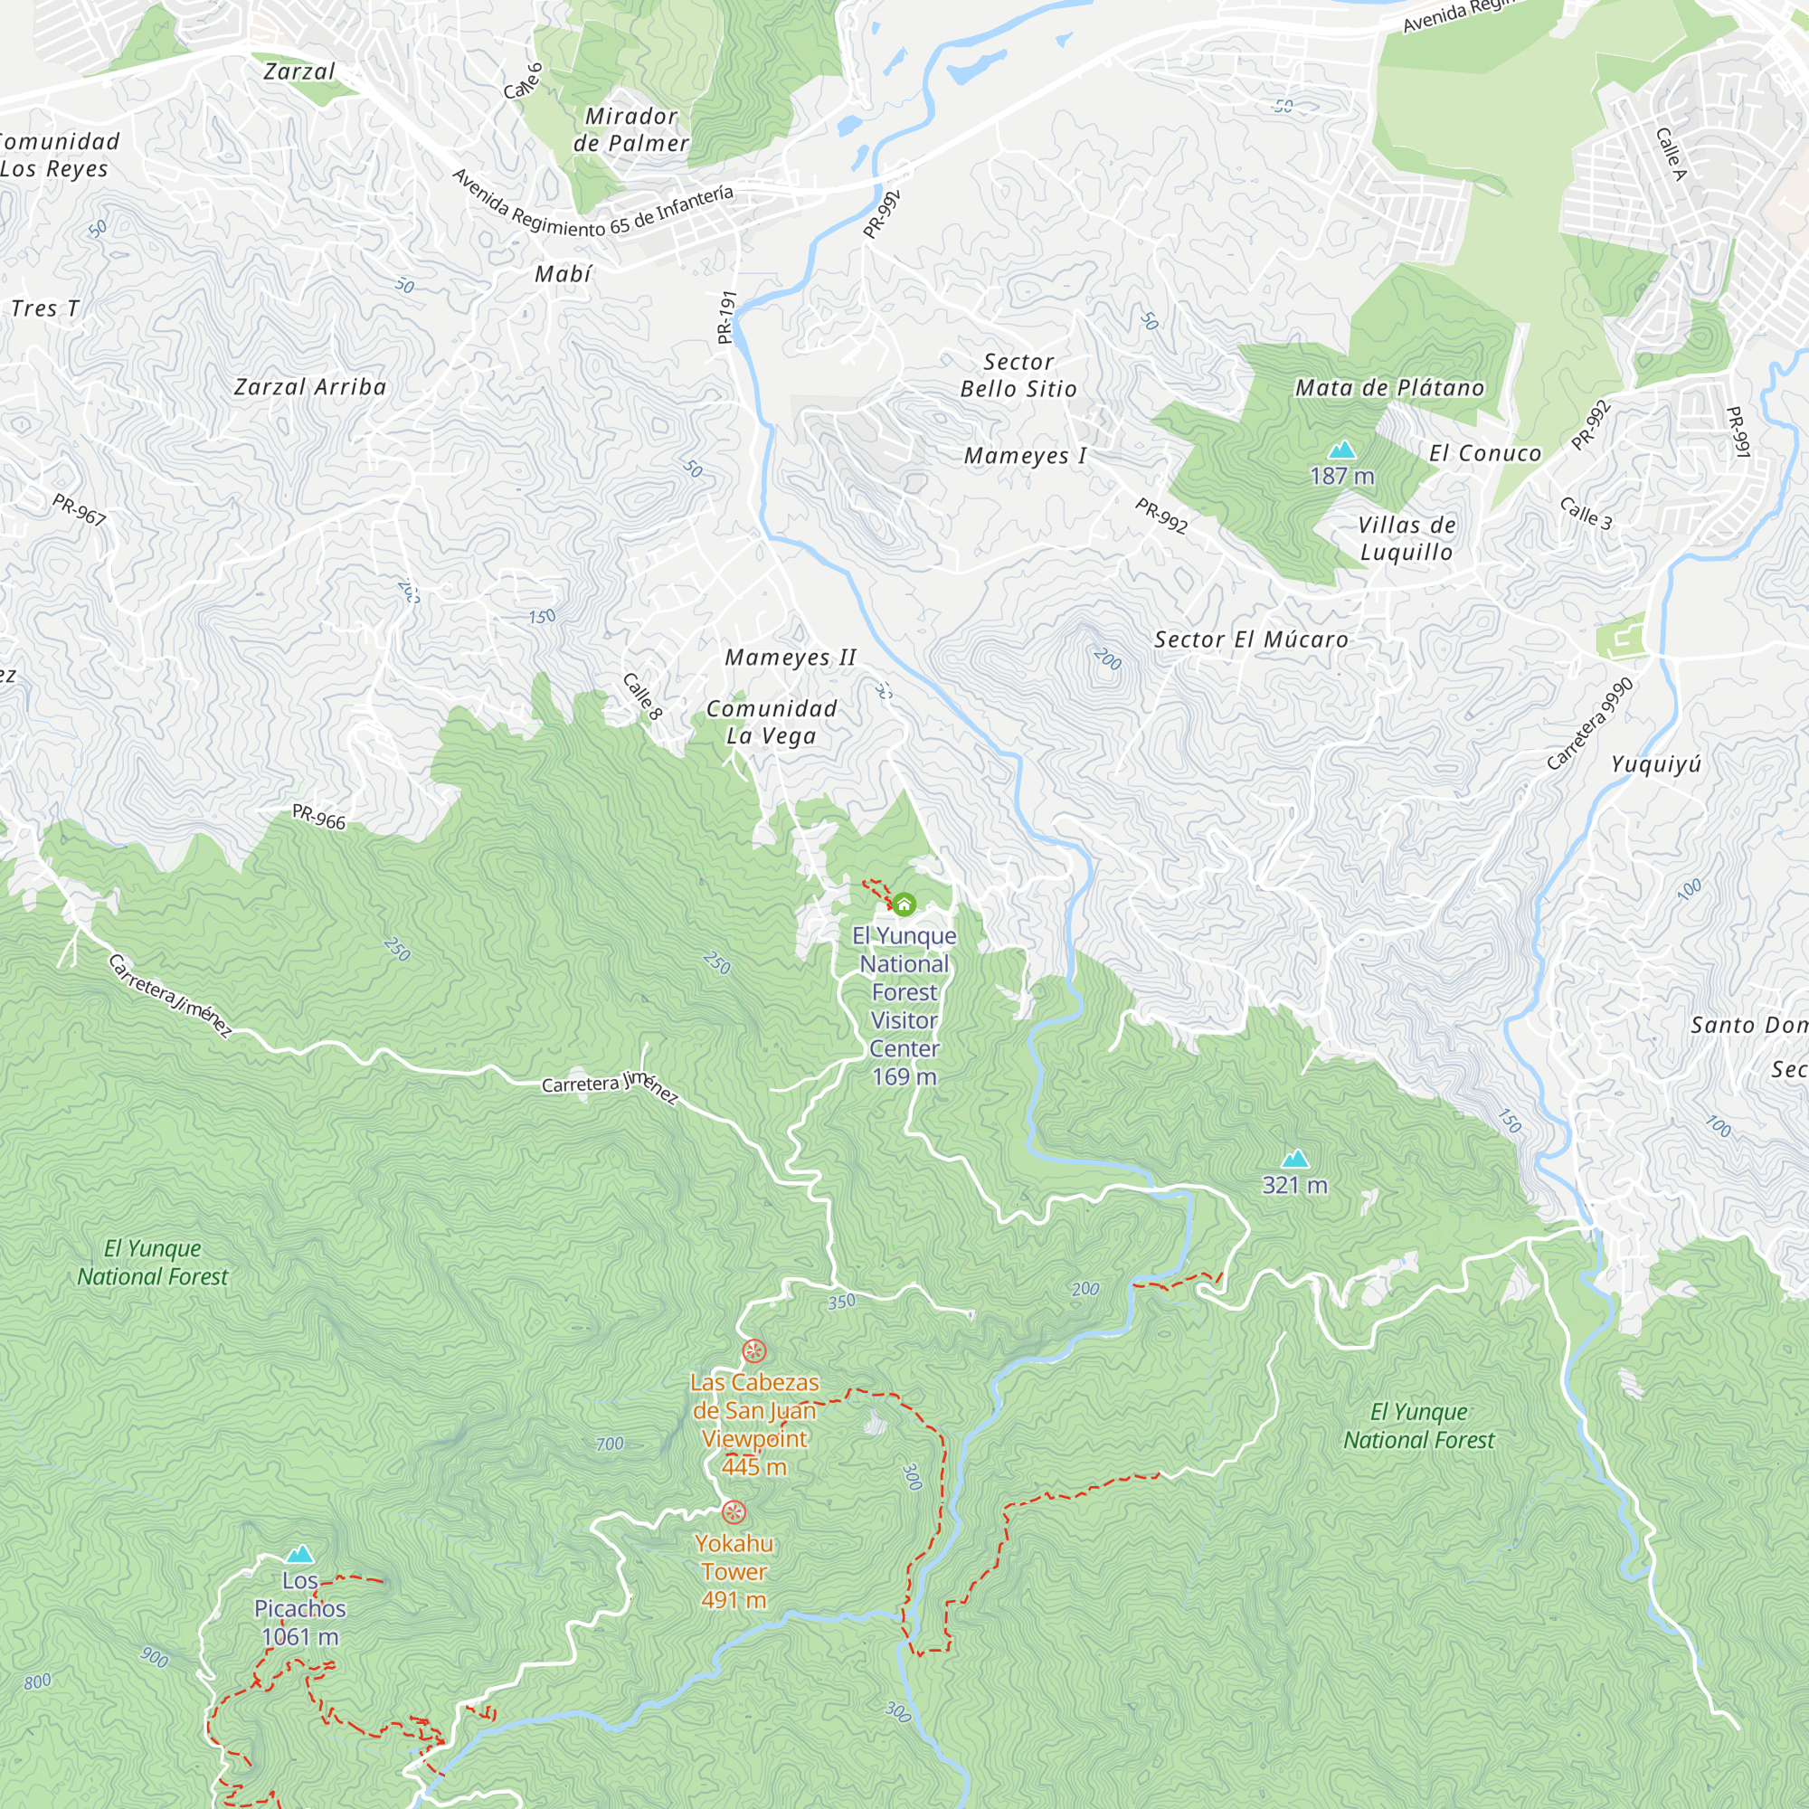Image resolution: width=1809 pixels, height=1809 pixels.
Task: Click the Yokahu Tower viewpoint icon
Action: click(734, 1512)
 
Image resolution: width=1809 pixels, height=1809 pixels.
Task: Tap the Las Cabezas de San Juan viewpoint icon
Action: click(753, 1351)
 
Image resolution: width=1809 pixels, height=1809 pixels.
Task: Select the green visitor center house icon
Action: click(904, 904)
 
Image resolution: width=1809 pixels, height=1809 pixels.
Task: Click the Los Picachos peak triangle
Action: click(299, 1555)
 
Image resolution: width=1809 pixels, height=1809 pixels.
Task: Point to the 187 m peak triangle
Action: click(1341, 450)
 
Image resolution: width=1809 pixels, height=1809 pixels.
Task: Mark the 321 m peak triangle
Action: click(1295, 1160)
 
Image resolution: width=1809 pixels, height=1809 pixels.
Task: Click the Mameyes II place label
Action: click(791, 658)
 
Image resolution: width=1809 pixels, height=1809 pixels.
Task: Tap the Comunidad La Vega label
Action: click(772, 722)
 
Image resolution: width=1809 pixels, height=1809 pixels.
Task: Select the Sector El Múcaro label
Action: click(1251, 639)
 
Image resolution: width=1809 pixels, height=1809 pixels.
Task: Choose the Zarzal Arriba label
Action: click(310, 387)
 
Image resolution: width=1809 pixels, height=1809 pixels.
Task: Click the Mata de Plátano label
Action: click(1389, 388)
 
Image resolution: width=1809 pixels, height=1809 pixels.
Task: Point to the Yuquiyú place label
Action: click(1656, 764)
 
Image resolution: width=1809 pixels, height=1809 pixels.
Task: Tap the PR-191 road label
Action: click(726, 317)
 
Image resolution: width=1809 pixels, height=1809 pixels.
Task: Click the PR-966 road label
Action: click(318, 818)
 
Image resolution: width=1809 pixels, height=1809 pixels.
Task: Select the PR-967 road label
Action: click(79, 509)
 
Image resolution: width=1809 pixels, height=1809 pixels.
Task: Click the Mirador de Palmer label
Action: click(631, 129)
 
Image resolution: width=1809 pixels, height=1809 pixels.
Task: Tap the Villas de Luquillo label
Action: click(1406, 538)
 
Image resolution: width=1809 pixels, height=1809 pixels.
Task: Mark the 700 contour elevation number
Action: click(610, 1444)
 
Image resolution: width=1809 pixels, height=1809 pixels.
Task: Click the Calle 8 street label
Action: click(642, 696)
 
